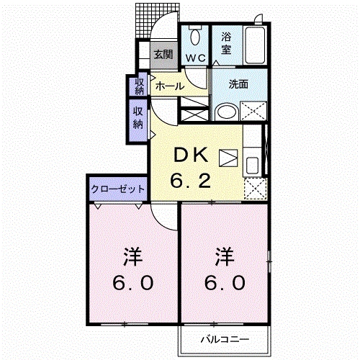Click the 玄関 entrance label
(x=163, y=55)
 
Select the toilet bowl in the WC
(x=194, y=37)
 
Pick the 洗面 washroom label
(x=238, y=84)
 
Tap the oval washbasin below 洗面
(x=226, y=112)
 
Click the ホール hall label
(x=170, y=86)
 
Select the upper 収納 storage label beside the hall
(x=139, y=86)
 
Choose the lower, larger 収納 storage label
(x=138, y=117)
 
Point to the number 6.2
(x=190, y=180)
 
